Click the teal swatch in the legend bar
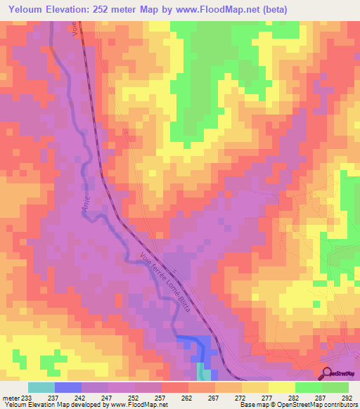[x=41, y=387]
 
